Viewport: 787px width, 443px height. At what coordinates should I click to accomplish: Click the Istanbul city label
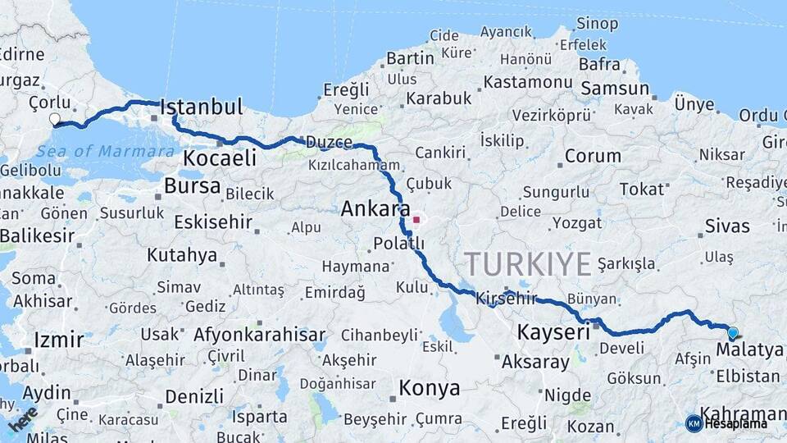pyautogui.click(x=202, y=107)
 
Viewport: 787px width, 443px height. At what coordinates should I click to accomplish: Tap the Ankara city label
pyautogui.click(x=375, y=210)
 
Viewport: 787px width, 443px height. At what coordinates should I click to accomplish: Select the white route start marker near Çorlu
pyautogui.click(x=55, y=120)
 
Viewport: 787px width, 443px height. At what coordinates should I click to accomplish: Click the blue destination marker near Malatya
pyautogui.click(x=732, y=333)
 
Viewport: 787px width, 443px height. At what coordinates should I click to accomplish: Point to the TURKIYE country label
pyautogui.click(x=527, y=264)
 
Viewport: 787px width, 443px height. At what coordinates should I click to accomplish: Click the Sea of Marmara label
pyautogui.click(x=106, y=151)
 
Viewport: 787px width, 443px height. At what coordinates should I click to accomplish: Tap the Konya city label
pyautogui.click(x=429, y=388)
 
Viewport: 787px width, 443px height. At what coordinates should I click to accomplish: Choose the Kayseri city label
pyautogui.click(x=554, y=333)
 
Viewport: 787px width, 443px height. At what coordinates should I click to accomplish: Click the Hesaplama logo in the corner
pyautogui.click(x=726, y=423)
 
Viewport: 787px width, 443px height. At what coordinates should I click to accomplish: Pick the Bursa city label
pyautogui.click(x=192, y=186)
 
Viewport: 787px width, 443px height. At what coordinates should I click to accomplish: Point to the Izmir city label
pyautogui.click(x=58, y=340)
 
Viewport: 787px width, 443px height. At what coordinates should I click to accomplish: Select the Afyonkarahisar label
pyautogui.click(x=259, y=335)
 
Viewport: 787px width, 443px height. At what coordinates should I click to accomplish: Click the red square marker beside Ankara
pyautogui.click(x=416, y=220)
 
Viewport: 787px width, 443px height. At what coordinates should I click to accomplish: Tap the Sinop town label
pyautogui.click(x=597, y=24)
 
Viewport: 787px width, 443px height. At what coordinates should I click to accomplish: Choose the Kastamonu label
pyautogui.click(x=527, y=83)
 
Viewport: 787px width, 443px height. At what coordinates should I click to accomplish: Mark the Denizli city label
pyautogui.click(x=193, y=396)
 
